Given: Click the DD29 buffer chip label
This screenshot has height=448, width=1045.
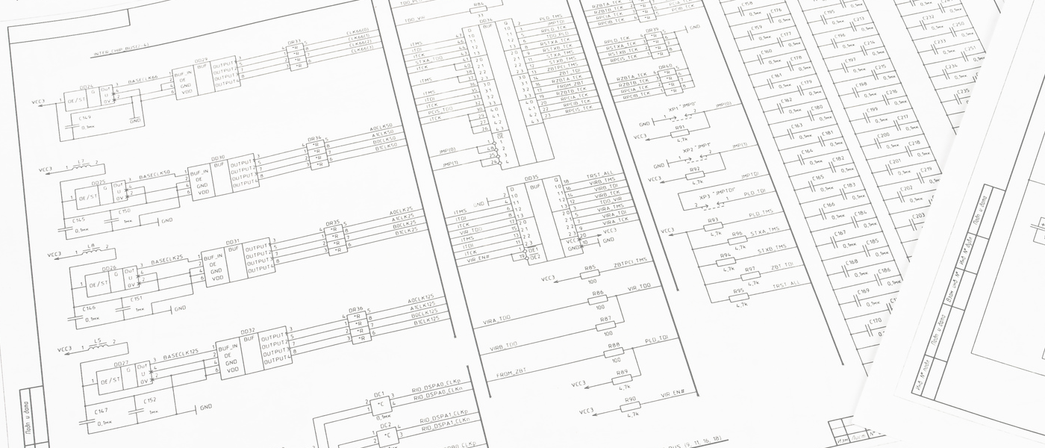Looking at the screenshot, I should click(x=201, y=60).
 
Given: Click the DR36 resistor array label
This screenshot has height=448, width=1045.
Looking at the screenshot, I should click(x=355, y=310).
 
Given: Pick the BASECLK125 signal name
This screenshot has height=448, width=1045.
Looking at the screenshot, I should click(x=181, y=353).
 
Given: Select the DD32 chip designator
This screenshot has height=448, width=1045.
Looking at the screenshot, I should click(x=247, y=331).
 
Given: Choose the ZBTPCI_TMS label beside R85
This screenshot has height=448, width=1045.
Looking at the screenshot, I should click(x=631, y=261).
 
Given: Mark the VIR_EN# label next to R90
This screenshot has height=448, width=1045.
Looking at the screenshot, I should click(x=672, y=394).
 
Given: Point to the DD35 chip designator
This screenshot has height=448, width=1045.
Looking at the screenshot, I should click(x=531, y=179).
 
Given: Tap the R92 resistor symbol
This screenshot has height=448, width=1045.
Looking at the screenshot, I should click(x=695, y=173).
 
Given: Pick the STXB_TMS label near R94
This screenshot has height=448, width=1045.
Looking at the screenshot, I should click(x=773, y=250).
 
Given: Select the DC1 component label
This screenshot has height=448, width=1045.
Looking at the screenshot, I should click(x=379, y=393).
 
